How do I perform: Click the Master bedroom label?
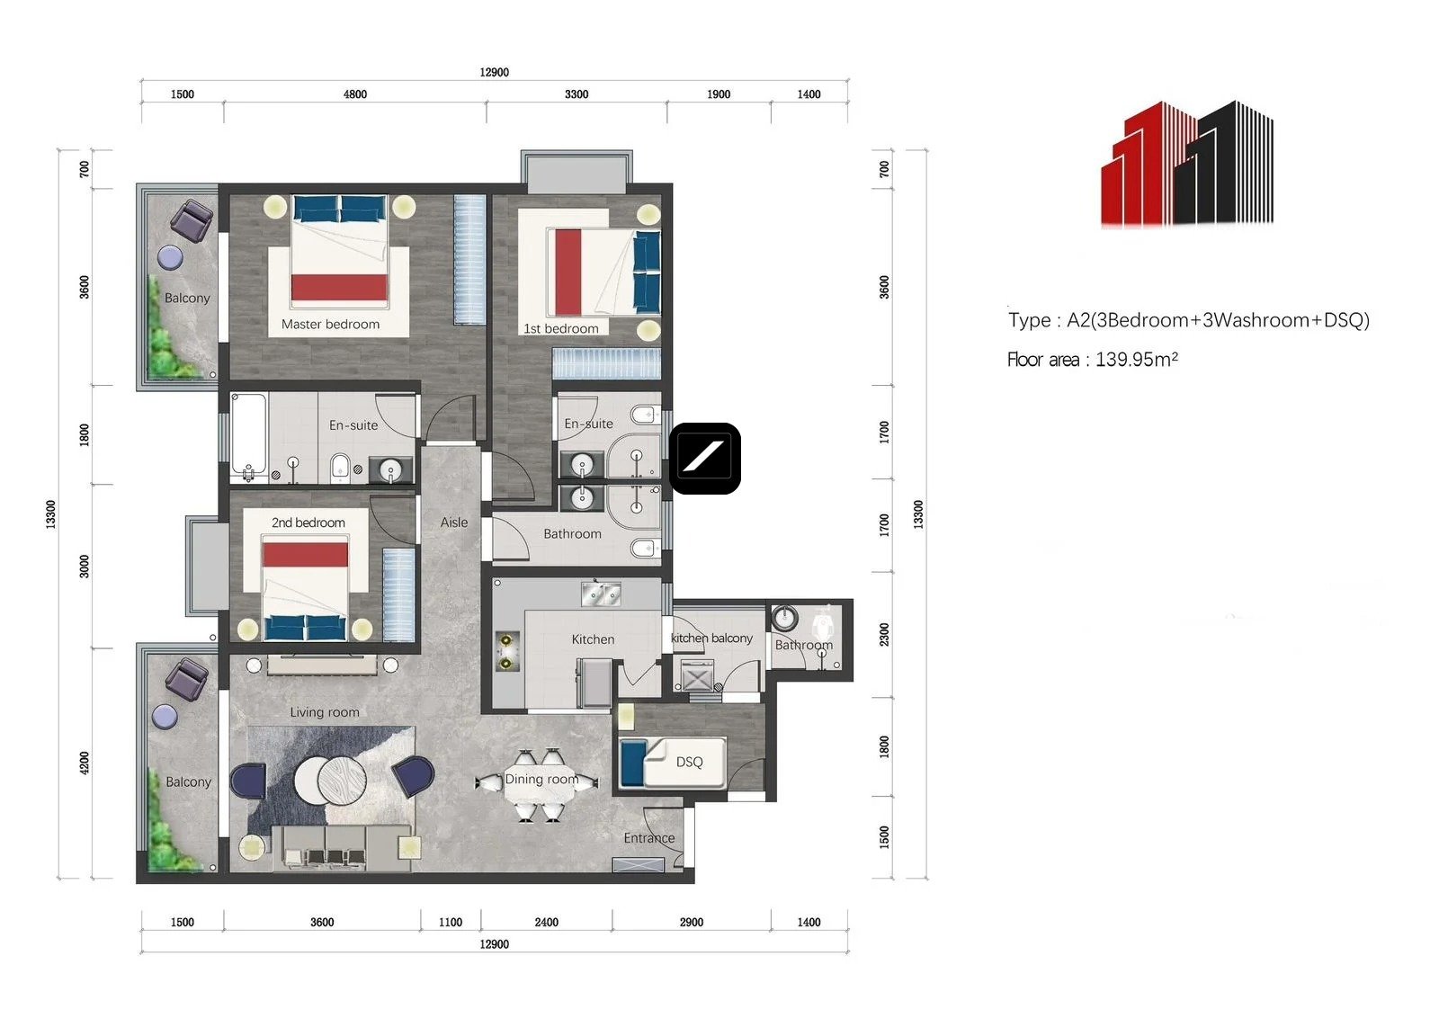[330, 325]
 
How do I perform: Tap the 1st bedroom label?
[561, 329]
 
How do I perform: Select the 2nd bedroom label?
[308, 522]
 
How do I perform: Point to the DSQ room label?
[689, 762]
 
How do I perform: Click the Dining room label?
[541, 779]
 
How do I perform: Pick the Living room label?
[325, 712]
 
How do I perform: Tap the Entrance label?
[648, 838]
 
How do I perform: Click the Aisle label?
[454, 522]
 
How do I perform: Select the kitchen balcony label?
[711, 638]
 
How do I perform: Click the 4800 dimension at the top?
[355, 94]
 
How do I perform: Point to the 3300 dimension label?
[576, 94]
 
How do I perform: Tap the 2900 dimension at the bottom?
[692, 923]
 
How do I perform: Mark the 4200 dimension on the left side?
[85, 763]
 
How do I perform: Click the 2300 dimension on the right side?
[885, 635]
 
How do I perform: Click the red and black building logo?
[1187, 164]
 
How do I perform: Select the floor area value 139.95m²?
[1137, 359]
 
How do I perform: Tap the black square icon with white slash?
[705, 459]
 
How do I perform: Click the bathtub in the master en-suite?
[248, 435]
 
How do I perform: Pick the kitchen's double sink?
[601, 594]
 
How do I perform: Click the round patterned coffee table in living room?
[343, 781]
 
